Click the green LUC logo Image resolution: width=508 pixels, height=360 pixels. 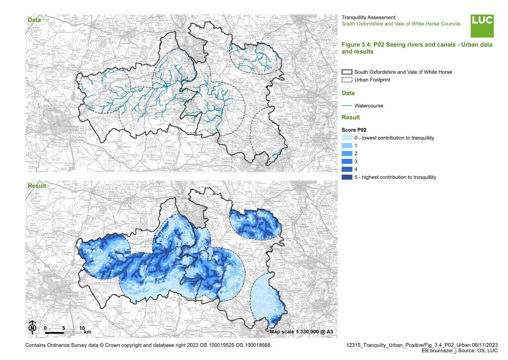[482, 25]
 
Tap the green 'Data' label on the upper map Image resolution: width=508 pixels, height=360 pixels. [34, 20]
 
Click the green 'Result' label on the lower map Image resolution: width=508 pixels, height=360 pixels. [36, 186]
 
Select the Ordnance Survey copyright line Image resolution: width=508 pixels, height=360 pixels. [148, 345]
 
